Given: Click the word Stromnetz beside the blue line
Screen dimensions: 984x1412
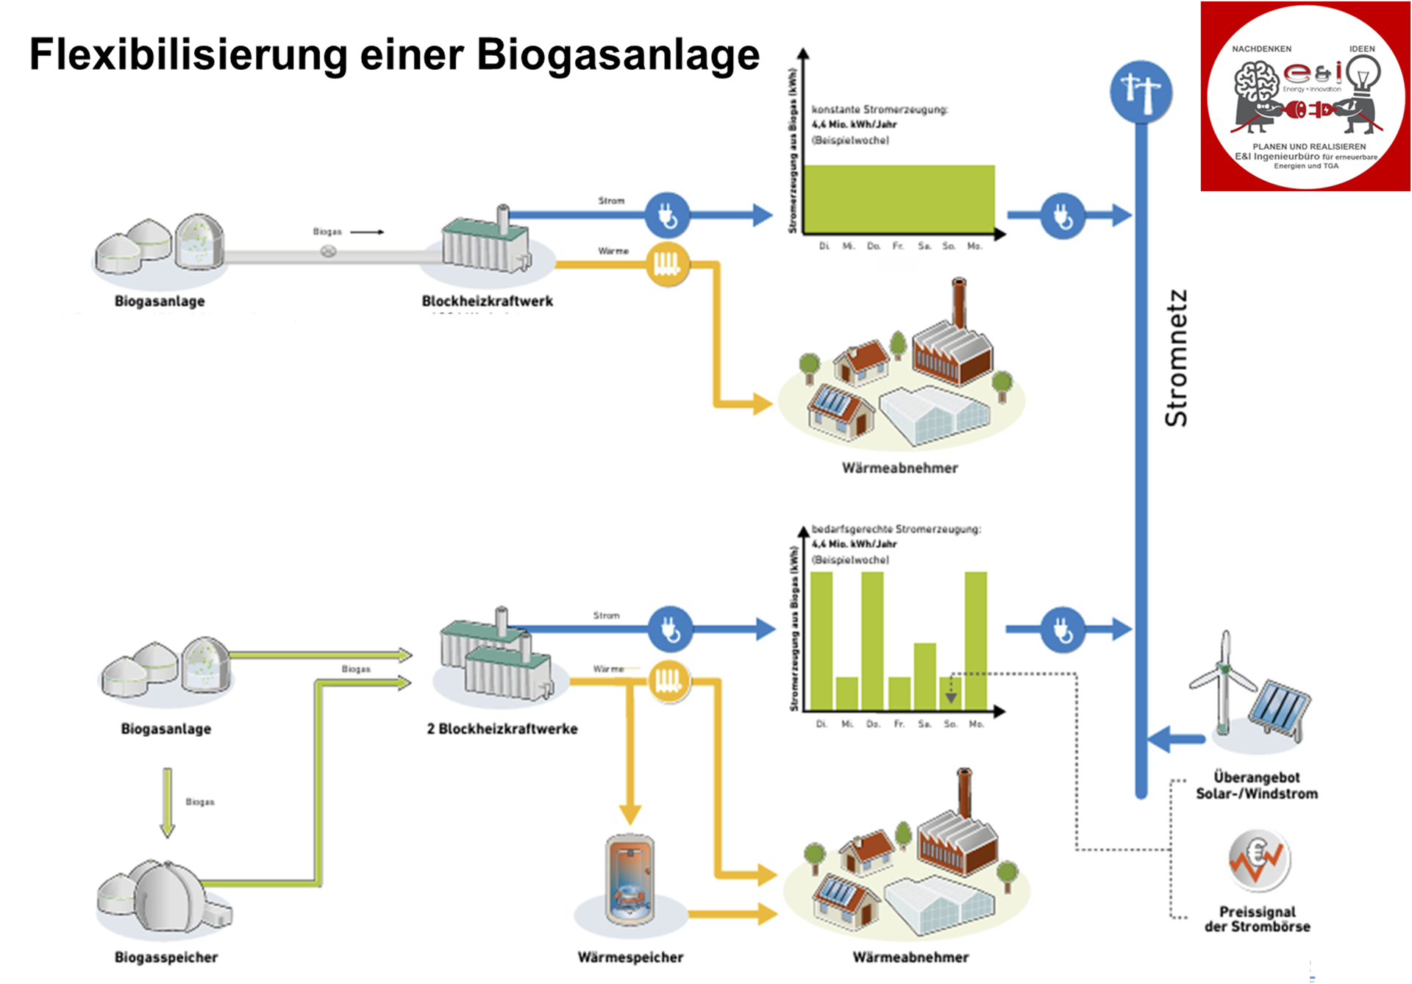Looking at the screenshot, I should point(1176,358).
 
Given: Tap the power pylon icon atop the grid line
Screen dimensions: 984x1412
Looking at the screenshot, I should point(1141,92).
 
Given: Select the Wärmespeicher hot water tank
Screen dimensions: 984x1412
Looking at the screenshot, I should point(630,880).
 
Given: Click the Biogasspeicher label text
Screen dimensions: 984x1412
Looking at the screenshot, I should point(166,957).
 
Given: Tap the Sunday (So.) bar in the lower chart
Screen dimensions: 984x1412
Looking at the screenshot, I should point(950,693).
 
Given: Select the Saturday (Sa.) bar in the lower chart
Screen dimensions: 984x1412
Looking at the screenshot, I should point(924,676).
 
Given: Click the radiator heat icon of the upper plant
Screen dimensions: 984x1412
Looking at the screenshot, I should point(668,263).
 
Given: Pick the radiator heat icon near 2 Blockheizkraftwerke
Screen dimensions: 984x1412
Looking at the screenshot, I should point(668,680).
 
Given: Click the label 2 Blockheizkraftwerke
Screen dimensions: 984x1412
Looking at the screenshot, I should point(502,729).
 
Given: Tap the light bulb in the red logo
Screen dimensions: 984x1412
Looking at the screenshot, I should point(1363,76).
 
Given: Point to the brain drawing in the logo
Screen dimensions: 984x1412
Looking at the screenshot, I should point(1256,81).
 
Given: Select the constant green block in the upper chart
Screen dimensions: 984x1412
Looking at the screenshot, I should point(899,199).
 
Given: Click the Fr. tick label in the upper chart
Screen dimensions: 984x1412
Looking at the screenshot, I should point(898,246).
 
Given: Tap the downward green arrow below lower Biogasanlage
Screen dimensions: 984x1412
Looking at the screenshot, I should point(168,802).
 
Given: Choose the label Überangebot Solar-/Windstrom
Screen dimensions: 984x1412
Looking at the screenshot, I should point(1257,785).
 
